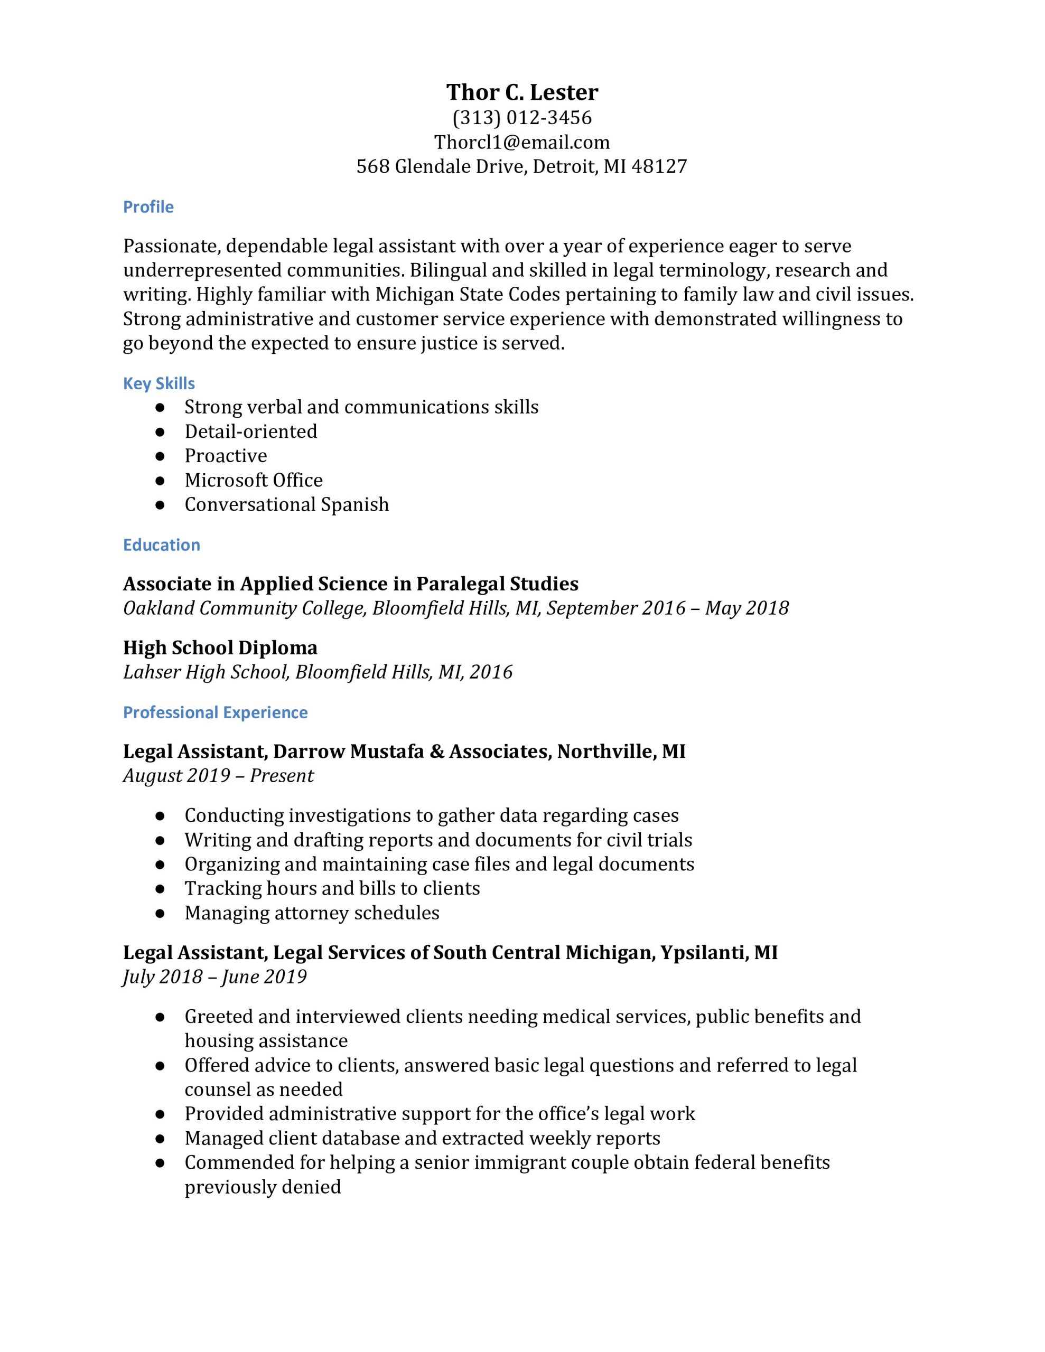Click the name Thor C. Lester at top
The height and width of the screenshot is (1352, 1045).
point(522,92)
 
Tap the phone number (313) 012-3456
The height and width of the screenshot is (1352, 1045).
point(522,118)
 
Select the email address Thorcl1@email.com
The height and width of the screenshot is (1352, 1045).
point(522,143)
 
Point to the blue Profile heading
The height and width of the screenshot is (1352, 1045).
point(148,207)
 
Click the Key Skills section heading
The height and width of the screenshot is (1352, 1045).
point(158,384)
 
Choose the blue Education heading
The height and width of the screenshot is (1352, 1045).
point(161,545)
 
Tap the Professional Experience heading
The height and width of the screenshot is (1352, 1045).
point(215,712)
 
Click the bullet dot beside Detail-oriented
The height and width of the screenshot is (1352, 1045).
point(161,431)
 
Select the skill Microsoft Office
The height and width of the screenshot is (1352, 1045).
point(254,481)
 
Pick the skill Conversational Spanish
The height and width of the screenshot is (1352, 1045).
point(287,504)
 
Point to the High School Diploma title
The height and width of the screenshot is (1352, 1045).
point(220,648)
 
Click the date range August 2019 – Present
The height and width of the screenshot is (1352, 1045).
point(218,776)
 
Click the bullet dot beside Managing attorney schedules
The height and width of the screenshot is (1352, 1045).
point(161,913)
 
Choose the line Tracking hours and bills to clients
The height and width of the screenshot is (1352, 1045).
point(332,888)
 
